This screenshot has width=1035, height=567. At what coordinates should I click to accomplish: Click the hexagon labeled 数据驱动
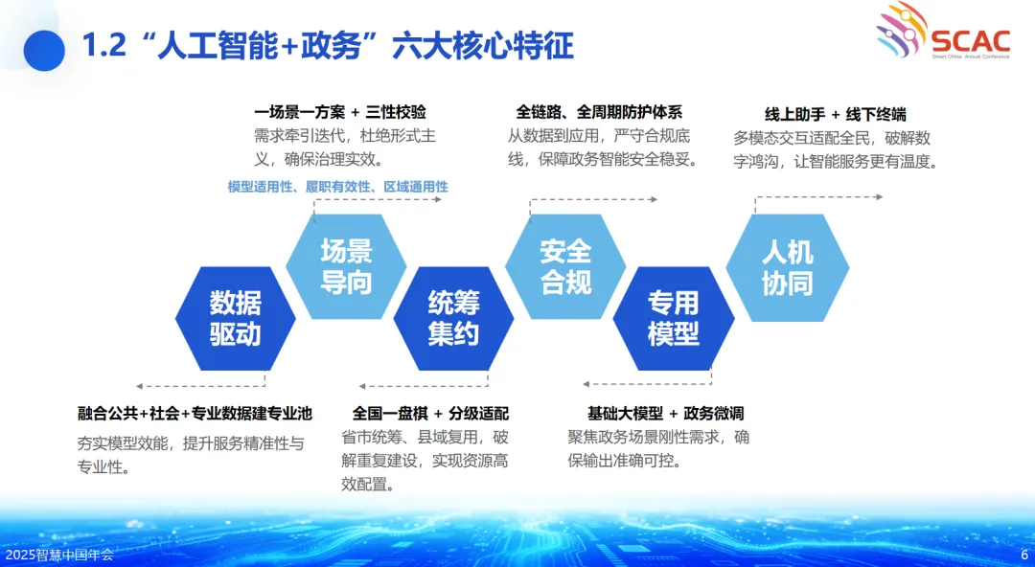coord(235,318)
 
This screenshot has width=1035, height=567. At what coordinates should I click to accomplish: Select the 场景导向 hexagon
coord(346,266)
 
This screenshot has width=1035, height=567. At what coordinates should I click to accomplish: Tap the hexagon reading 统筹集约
coord(453,318)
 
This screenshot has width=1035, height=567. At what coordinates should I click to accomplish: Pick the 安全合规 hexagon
coord(565,266)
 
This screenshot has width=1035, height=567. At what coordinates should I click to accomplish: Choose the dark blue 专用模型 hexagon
coord(674,318)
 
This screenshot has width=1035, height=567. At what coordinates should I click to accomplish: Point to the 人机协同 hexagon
coord(788,267)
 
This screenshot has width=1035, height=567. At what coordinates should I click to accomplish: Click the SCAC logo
coord(943,31)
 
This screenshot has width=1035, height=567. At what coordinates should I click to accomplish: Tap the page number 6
coord(1024,555)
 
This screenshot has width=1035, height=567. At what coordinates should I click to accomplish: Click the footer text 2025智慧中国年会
coord(59,555)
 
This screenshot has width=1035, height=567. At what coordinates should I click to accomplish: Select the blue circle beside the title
coord(44,51)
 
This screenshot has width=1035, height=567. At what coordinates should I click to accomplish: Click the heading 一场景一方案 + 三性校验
coord(340,112)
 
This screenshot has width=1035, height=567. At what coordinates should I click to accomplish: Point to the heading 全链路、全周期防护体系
coord(599,112)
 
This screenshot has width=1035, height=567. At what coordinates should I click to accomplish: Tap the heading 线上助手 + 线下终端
coord(835,114)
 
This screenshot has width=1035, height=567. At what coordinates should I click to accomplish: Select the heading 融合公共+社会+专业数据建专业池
coord(195,414)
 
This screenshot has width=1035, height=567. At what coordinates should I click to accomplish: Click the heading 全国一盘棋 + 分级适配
coord(430,414)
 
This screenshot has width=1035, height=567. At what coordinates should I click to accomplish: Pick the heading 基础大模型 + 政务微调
coord(665,414)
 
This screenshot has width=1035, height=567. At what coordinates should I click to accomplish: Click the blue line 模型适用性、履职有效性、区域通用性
coord(338,187)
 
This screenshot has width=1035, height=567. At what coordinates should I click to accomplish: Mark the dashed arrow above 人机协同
coord(818,197)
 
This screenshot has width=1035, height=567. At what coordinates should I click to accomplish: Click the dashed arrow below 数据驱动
coord(200,385)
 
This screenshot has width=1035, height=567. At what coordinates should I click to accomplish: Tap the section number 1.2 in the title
coord(104,46)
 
